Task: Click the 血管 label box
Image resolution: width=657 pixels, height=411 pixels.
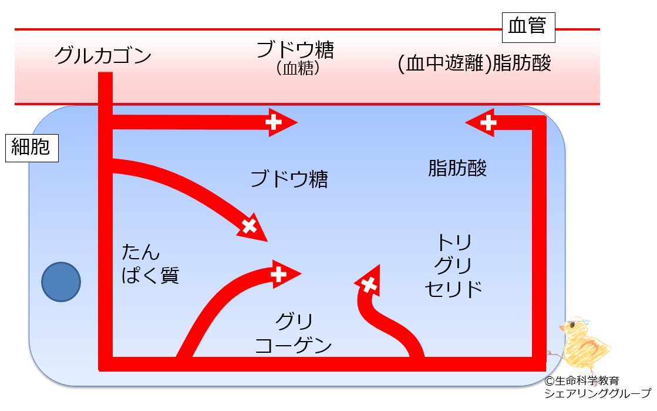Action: pos(528,27)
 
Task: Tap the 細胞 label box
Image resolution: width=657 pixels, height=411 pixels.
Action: pos(32,148)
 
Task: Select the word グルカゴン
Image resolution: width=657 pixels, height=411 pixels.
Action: pos(103,55)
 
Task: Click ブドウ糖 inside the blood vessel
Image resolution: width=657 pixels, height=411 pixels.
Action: pos(295,49)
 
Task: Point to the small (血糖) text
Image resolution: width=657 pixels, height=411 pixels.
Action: pos(298,68)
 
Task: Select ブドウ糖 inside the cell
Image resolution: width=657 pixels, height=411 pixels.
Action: pos(289,179)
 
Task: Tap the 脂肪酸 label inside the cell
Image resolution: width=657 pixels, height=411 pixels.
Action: pos(457,168)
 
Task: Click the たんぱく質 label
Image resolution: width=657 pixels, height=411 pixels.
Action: pos(150,263)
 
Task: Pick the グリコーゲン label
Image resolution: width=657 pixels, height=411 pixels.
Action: pos(294,333)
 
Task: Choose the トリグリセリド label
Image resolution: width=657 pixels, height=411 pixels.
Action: pos(454,266)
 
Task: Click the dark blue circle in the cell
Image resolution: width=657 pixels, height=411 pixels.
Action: pos(61,282)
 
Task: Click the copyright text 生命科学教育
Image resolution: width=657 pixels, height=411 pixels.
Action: pos(582,381)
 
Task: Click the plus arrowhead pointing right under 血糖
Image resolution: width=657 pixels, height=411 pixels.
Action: pos(282,122)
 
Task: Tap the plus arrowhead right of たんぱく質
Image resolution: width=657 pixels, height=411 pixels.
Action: pos(252,228)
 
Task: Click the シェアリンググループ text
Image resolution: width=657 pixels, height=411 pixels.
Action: pos(598,393)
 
